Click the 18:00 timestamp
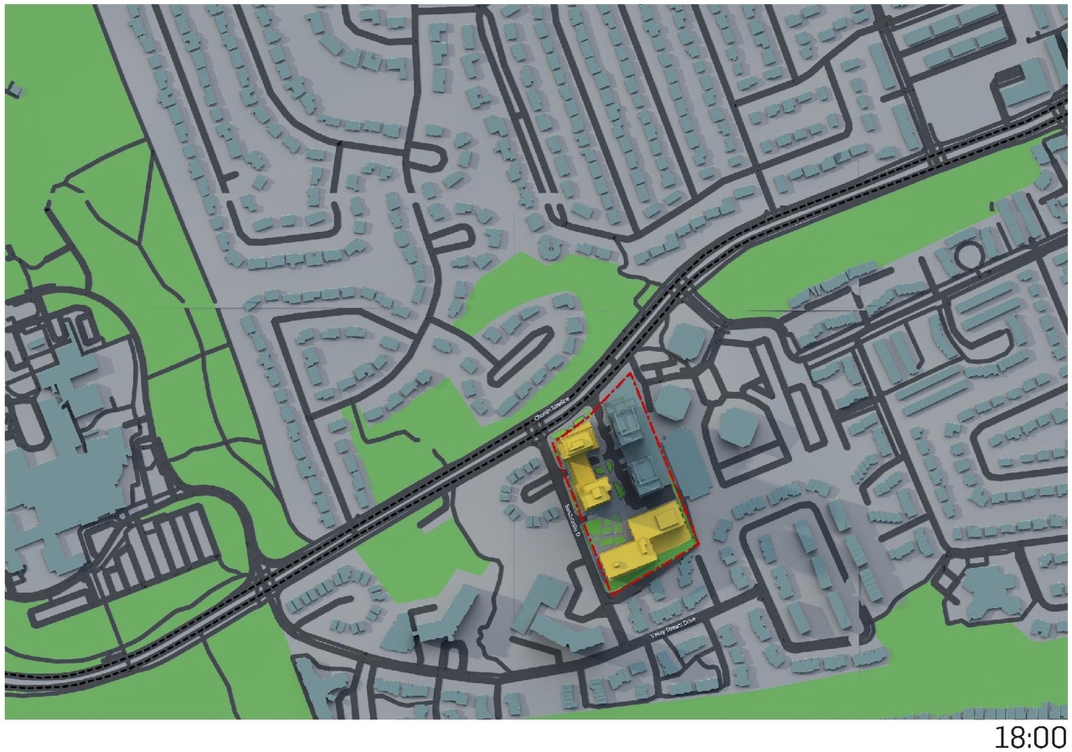(x=1030, y=737)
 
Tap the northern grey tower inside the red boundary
(x=623, y=423)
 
